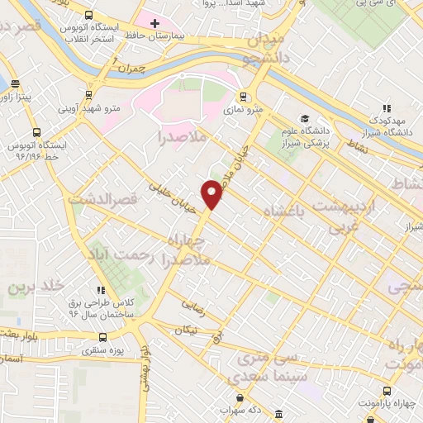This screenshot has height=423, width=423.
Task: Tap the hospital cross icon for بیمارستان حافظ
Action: [x=154, y=22]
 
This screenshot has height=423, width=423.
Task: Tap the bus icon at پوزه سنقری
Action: [x=102, y=337]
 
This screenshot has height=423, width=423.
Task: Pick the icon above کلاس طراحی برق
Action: [x=102, y=290]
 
